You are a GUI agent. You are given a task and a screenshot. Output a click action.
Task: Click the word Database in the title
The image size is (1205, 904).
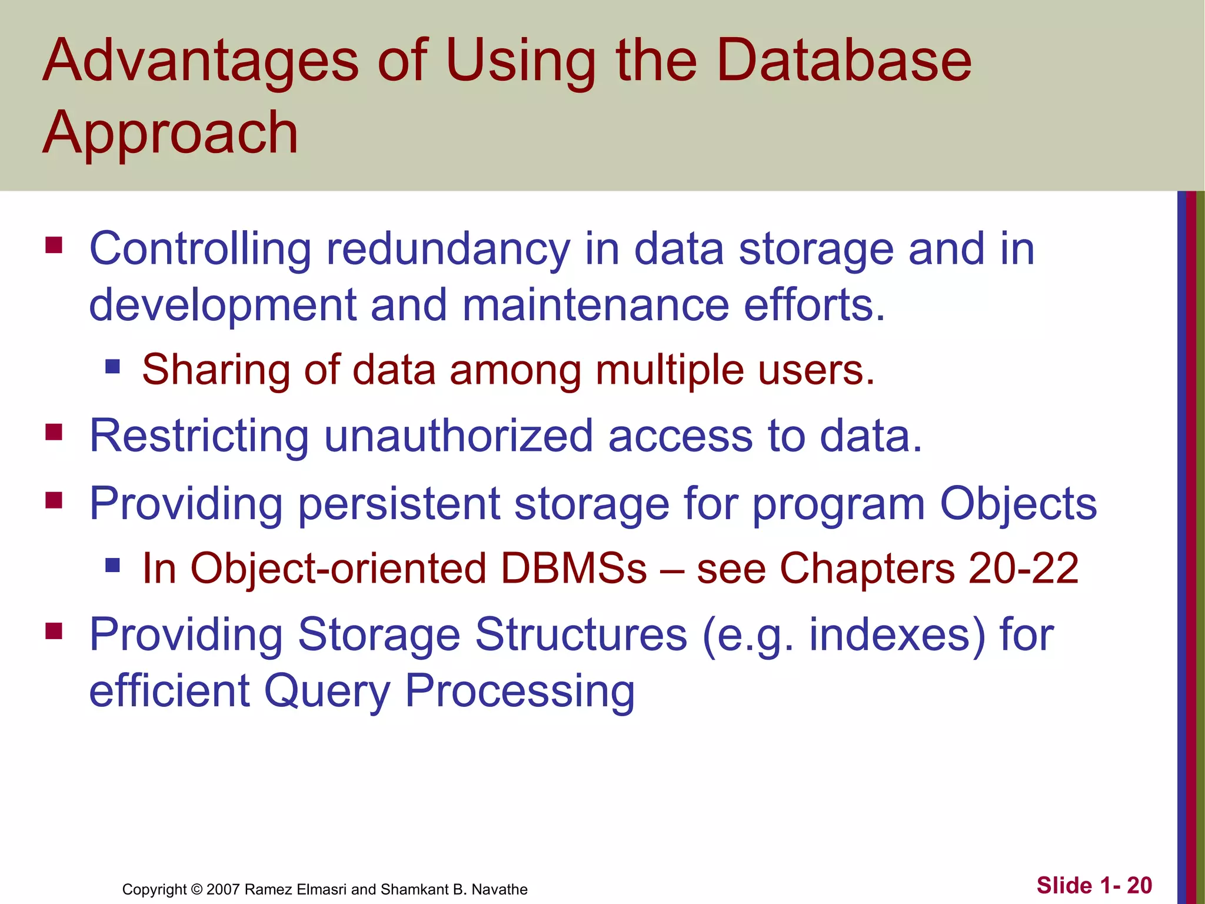point(844,60)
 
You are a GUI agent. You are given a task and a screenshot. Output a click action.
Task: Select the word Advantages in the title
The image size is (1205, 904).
point(201,60)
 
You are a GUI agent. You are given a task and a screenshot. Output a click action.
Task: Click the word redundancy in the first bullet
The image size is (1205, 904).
point(448,249)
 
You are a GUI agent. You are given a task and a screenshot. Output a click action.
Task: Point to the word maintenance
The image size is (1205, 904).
point(595,305)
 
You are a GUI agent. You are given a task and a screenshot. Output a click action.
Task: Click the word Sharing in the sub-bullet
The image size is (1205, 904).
point(216,370)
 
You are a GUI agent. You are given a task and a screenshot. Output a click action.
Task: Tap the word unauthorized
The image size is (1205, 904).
point(458,436)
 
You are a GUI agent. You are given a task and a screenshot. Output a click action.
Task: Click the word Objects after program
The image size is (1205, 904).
point(1018,504)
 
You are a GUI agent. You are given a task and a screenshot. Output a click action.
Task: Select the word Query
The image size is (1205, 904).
point(327,691)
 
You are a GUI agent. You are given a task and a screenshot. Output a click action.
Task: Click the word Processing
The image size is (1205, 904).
point(520,691)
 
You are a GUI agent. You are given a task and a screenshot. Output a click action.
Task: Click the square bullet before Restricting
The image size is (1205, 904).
point(54,433)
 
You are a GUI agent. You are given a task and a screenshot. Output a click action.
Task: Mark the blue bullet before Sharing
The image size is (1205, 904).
point(112,367)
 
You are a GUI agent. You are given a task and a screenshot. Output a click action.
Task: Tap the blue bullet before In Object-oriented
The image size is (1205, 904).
point(112,566)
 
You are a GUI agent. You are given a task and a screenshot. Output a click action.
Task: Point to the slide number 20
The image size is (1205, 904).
point(1139,886)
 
